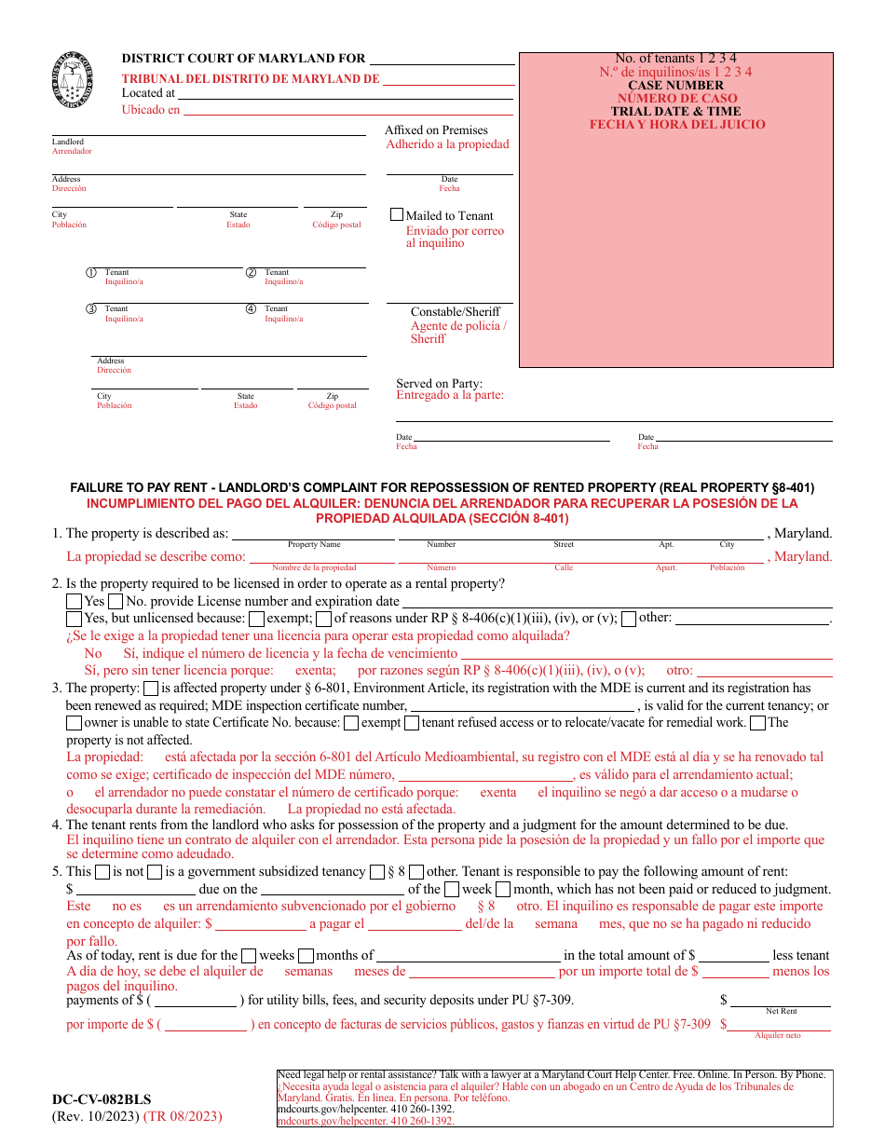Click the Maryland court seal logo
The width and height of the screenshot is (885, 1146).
pos(73,79)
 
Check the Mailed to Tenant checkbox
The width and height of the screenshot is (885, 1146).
pos(397,214)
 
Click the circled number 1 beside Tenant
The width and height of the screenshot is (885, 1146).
pos(91,273)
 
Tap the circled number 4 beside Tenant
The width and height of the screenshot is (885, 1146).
pos(251,308)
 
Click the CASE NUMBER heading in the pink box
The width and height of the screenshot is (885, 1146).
pos(675,85)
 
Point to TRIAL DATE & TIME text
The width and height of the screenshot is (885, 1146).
pos(675,111)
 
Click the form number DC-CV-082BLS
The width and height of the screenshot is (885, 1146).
pos(102,1099)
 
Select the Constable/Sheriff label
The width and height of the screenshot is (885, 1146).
pos(455,312)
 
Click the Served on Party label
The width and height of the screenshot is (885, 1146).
pos(439,383)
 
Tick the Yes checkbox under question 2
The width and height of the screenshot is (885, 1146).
pos(74,602)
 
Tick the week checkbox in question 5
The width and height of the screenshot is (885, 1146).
pos(452,889)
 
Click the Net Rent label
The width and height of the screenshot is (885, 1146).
pos(781,1011)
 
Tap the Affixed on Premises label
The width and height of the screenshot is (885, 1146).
pos(436,130)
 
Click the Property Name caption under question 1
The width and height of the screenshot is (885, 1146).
pos(314,544)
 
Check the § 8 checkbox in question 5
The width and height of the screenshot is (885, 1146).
pos(376,872)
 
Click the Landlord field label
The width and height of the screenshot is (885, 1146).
pos(67,142)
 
